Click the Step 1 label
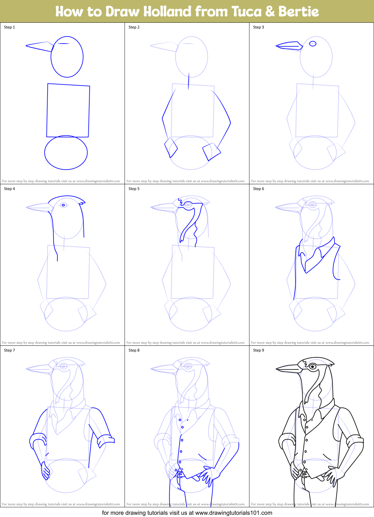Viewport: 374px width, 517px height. (x=9, y=27)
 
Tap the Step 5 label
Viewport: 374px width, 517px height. (x=134, y=189)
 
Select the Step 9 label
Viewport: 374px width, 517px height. (x=258, y=350)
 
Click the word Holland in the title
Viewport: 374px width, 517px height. (x=167, y=12)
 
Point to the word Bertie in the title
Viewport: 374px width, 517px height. (x=298, y=12)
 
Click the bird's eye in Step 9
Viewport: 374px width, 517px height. (x=313, y=367)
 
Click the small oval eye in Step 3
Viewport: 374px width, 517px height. (x=313, y=43)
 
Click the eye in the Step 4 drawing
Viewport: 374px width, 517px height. (x=64, y=205)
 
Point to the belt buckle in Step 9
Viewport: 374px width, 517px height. (x=304, y=474)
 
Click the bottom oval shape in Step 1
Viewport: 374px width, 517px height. (x=66, y=152)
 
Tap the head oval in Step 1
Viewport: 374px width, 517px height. (x=67, y=57)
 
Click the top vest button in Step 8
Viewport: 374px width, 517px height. (x=180, y=420)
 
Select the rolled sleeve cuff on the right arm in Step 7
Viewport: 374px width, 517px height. (x=106, y=440)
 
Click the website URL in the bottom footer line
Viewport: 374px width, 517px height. (x=234, y=513)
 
